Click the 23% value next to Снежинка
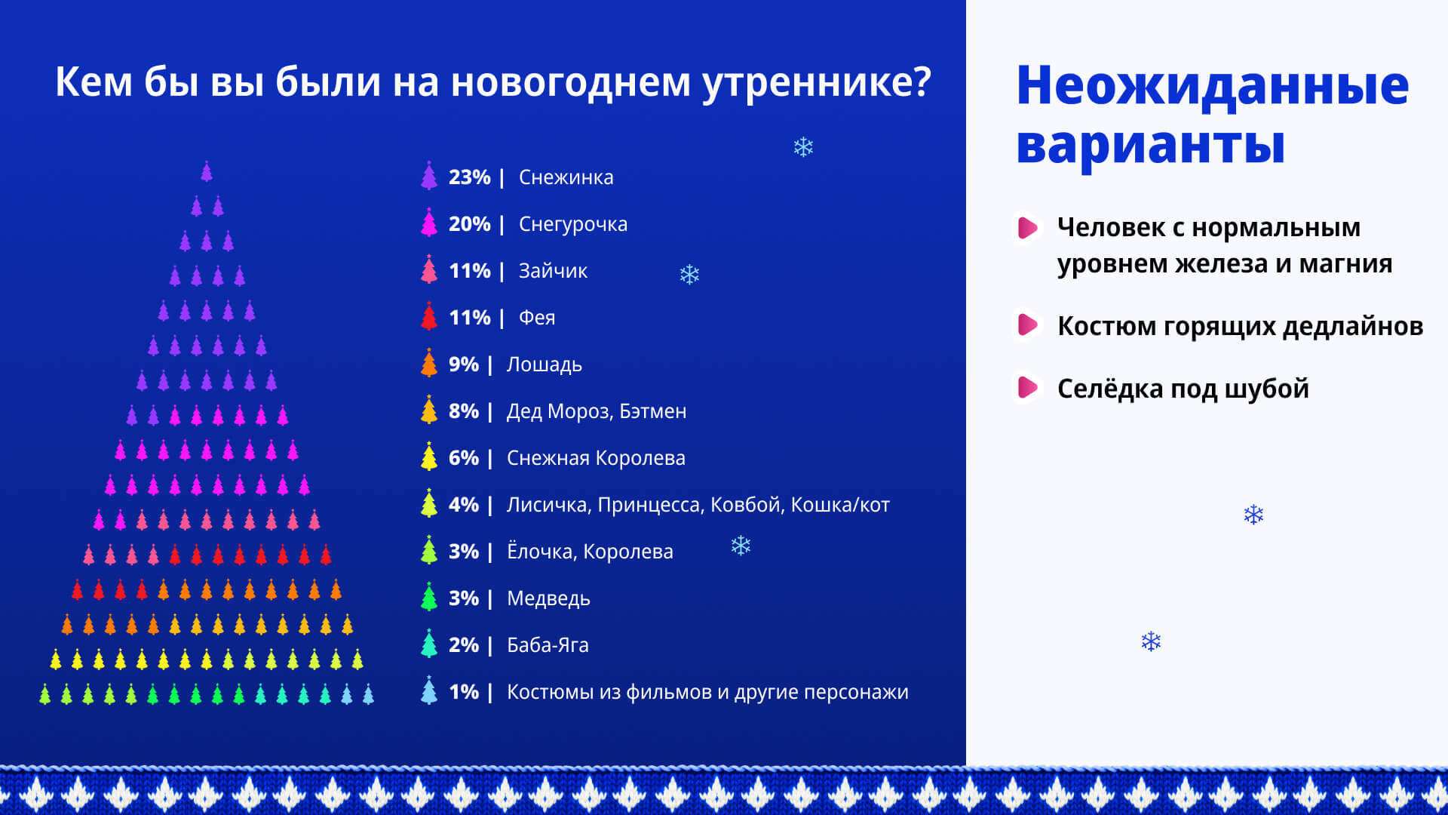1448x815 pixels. point(469,177)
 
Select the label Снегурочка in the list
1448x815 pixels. point(573,224)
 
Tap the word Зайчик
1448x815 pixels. point(553,271)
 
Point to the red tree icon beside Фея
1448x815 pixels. point(429,316)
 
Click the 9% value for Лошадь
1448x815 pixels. point(463,364)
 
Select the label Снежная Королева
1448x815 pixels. point(596,458)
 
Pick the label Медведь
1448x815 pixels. point(548,598)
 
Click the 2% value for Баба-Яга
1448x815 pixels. point(463,645)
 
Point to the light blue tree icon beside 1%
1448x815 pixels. point(429,690)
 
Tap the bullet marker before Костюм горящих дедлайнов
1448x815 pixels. point(1027,324)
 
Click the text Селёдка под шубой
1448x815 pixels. point(1183,389)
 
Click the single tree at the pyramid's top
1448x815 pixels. point(207,171)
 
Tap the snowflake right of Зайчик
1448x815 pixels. point(689,274)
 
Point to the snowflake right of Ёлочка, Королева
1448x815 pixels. point(741,546)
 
